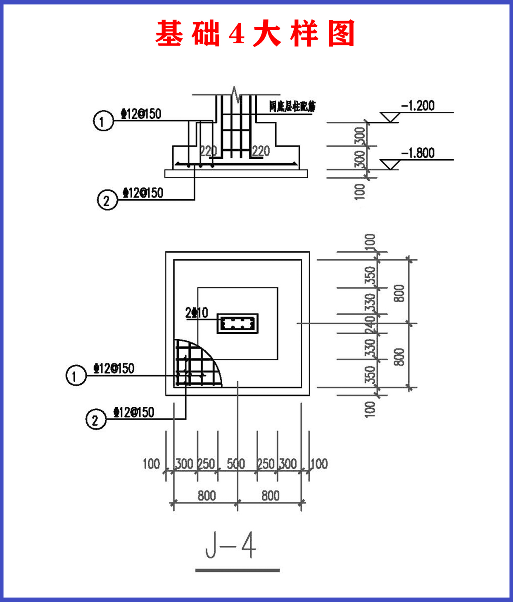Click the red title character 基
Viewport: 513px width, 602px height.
click(x=169, y=33)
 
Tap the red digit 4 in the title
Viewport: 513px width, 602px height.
click(x=237, y=33)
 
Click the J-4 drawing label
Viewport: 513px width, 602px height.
click(x=231, y=545)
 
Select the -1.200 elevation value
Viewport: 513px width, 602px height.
click(x=418, y=106)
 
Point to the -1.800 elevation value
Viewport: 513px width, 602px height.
click(x=418, y=153)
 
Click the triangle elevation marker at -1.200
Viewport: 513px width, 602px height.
click(x=389, y=118)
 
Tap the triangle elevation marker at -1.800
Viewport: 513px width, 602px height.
click(x=389, y=165)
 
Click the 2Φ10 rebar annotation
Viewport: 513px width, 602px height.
click(x=197, y=313)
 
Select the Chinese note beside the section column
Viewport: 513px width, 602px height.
click(x=292, y=107)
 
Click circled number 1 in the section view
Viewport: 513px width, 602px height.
click(x=103, y=121)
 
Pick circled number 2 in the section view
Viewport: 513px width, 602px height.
click(x=107, y=200)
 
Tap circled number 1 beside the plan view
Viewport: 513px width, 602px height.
click(x=76, y=375)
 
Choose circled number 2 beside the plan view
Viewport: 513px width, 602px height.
click(x=96, y=420)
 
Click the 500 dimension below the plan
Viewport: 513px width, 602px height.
click(x=236, y=464)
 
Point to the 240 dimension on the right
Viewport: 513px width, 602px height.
click(x=370, y=324)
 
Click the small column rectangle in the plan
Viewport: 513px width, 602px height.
click(x=237, y=323)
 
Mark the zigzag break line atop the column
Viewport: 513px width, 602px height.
click(x=235, y=94)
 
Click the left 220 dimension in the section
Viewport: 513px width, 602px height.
click(x=208, y=151)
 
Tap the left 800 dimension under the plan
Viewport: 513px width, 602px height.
click(x=207, y=496)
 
